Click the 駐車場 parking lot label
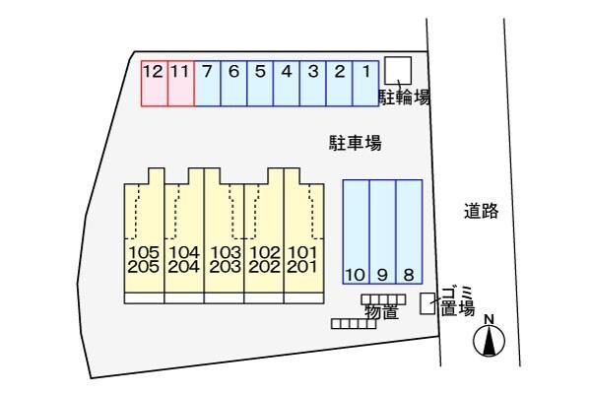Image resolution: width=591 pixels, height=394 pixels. point(355,143)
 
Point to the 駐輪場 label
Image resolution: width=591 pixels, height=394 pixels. point(405,97)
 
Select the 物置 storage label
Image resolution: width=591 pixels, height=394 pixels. point(381,313)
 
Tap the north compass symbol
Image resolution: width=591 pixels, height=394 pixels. point(489,339)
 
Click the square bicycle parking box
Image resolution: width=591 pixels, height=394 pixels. point(397,70)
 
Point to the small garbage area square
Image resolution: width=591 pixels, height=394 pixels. point(427,304)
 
